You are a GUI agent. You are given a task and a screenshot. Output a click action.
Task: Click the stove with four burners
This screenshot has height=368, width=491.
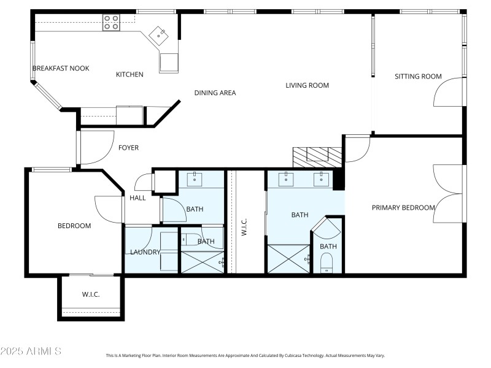[111, 23]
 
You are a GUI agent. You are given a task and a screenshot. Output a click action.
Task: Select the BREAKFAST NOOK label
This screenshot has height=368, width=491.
[61, 68]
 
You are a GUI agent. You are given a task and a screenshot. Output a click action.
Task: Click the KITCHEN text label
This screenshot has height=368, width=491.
[130, 75]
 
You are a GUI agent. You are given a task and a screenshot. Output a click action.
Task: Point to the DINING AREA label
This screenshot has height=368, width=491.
[215, 93]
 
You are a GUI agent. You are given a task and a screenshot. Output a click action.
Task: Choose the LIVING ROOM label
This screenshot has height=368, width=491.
[307, 85]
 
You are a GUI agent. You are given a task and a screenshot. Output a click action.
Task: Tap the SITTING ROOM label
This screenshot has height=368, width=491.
[418, 77]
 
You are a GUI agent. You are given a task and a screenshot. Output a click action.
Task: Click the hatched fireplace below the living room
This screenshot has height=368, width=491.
[317, 157]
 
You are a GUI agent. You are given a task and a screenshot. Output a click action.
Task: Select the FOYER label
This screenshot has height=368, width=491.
[128, 148]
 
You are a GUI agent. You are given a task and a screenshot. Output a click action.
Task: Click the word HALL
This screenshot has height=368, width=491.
[137, 198]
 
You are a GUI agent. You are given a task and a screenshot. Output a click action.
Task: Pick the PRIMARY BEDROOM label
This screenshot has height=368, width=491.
[403, 208]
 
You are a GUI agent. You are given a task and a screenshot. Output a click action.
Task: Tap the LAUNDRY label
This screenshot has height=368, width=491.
[145, 252]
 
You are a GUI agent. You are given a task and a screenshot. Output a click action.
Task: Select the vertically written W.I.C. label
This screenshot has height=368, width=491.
[244, 229]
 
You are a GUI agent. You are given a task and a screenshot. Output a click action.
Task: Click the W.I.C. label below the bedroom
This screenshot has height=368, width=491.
[91, 295]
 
